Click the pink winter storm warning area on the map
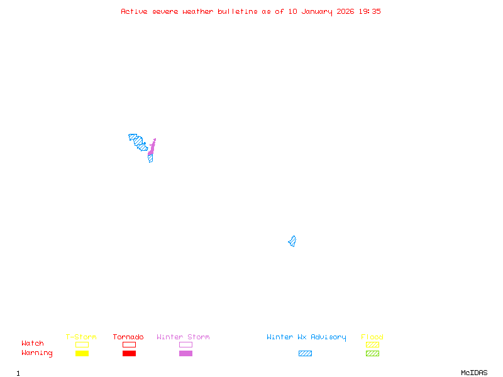(x=152, y=148)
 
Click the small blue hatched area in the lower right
(x=292, y=241)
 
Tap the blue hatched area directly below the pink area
(x=150, y=158)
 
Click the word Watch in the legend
(x=33, y=344)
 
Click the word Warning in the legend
(x=37, y=353)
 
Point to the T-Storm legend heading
(x=81, y=337)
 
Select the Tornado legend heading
(x=128, y=337)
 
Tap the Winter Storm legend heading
(x=183, y=337)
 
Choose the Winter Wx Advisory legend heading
(x=306, y=337)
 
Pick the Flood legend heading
(x=372, y=337)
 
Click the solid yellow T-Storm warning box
(x=82, y=354)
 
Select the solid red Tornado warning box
(x=129, y=354)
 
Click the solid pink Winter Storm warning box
(x=185, y=354)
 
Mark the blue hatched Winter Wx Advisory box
(x=305, y=354)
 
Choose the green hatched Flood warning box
(x=372, y=354)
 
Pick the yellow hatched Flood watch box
(x=372, y=344)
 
